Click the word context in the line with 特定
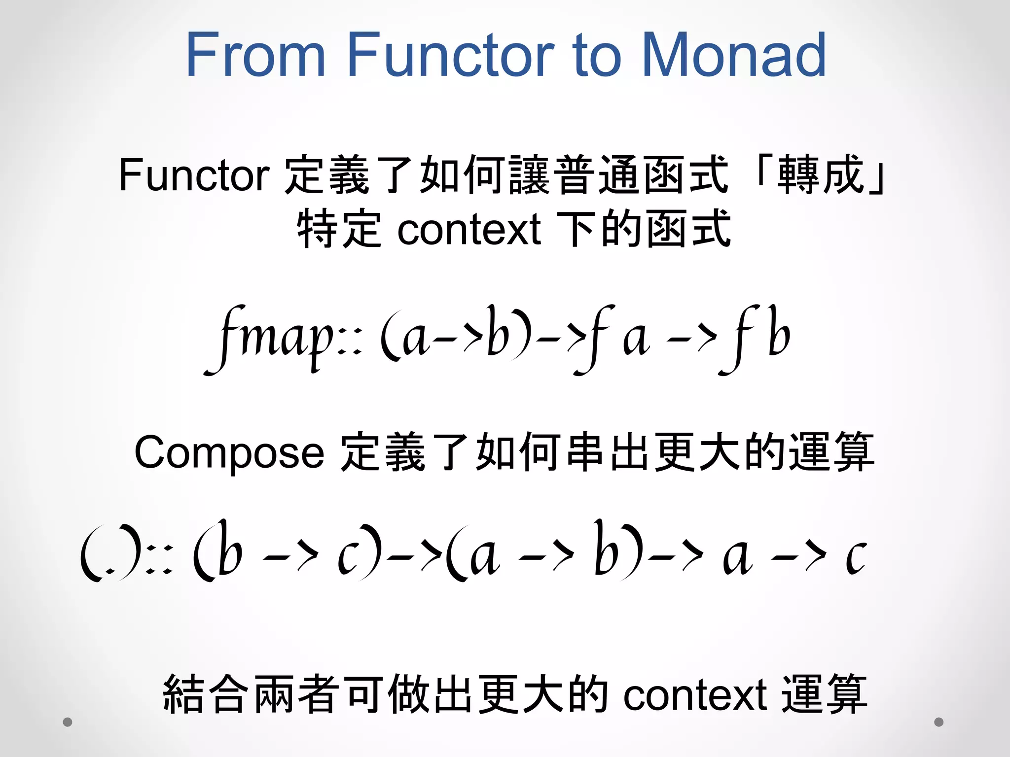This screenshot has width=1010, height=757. [469, 229]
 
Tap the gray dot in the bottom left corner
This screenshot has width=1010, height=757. [68, 722]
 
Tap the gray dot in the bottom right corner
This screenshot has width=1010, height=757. [938, 722]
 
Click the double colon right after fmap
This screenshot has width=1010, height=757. [351, 345]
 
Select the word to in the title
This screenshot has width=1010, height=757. [597, 55]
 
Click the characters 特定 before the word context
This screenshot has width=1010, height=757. [339, 229]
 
